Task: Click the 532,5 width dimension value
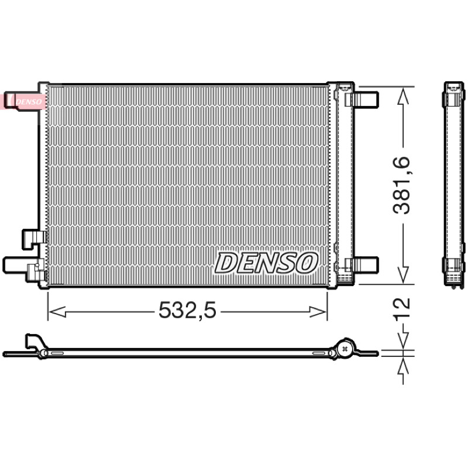187,310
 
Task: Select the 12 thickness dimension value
402,309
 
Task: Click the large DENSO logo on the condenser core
266,263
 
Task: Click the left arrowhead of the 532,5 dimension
57,312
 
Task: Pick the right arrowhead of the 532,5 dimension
318,312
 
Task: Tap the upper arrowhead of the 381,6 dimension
403,96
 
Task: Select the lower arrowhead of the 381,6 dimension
403,274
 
